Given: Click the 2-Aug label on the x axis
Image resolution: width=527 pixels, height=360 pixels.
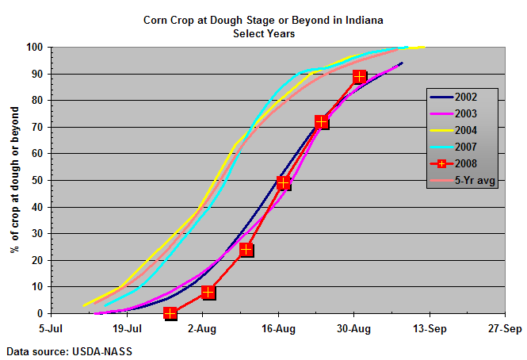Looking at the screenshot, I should pyautogui.click(x=203, y=327).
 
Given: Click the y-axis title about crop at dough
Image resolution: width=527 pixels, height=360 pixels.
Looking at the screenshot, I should pyautogui.click(x=14, y=180).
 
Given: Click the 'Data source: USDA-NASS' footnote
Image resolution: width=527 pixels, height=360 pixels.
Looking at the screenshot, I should pyautogui.click(x=59, y=350).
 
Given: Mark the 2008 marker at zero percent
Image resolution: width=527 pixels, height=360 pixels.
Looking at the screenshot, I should pyautogui.click(x=170, y=313).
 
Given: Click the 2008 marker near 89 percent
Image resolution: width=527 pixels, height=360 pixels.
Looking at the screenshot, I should pyautogui.click(x=360, y=77).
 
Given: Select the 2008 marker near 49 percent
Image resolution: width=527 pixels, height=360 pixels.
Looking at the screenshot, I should pyautogui.click(x=285, y=183).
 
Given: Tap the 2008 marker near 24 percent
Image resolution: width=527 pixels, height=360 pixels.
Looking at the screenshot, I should pyautogui.click(x=246, y=250).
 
